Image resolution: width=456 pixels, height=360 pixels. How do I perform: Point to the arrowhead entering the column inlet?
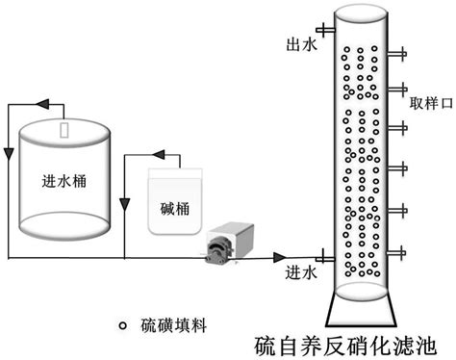click(281, 257)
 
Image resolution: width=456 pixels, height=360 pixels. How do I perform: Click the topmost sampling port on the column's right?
click(398, 52)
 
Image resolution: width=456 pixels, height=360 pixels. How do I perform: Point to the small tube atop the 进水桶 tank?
click(63, 129)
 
